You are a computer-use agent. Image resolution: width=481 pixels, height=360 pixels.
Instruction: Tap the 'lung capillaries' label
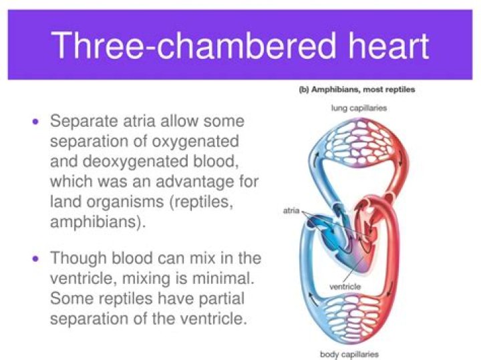tap(359, 107)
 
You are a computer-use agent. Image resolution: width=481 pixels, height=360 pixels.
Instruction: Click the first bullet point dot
tap(35, 122)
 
